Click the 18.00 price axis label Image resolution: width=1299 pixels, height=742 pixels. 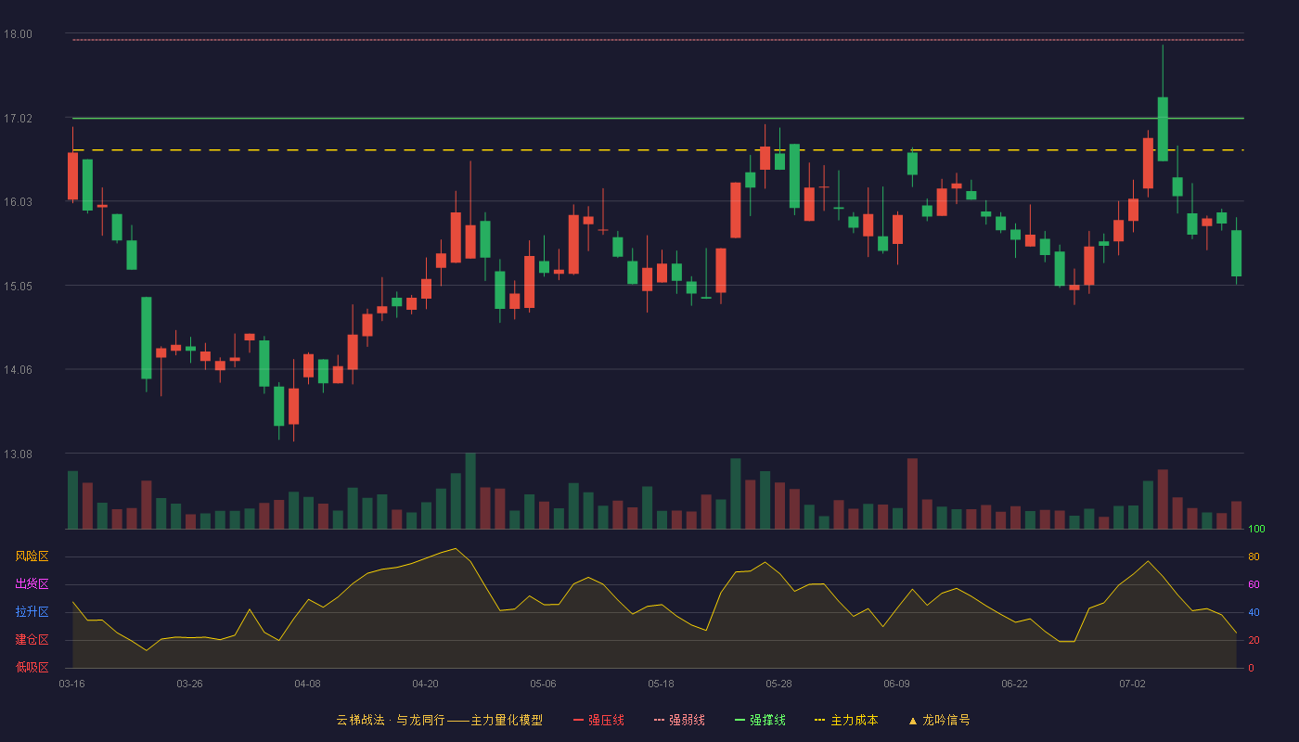(18, 34)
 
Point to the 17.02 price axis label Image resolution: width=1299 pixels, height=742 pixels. (18, 119)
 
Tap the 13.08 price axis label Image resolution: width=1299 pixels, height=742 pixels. (18, 454)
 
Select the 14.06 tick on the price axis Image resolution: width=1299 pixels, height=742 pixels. (18, 370)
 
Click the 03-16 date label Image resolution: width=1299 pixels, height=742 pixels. (72, 684)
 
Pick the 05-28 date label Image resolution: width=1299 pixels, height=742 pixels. (778, 684)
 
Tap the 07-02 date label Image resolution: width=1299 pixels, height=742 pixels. (1133, 684)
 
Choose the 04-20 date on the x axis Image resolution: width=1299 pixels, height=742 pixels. (425, 684)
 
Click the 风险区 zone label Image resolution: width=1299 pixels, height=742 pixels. (32, 556)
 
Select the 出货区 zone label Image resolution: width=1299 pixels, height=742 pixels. (32, 583)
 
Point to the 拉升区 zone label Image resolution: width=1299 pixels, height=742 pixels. (32, 611)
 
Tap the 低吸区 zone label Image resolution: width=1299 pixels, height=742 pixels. (32, 667)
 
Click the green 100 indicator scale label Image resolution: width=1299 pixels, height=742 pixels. (1256, 529)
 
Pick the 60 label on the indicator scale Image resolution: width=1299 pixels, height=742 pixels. (1254, 584)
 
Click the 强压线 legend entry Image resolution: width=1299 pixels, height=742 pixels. (598, 720)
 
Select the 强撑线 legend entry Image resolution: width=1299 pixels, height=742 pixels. (760, 720)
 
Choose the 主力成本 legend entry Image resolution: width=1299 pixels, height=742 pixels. (846, 720)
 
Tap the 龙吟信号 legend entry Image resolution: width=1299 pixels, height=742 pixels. (939, 720)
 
